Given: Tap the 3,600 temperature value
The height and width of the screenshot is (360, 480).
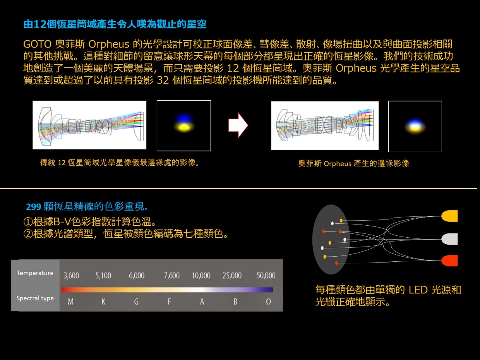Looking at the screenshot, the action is pyautogui.click(x=71, y=275).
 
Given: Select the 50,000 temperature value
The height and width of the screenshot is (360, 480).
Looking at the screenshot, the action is pyautogui.click(x=266, y=275).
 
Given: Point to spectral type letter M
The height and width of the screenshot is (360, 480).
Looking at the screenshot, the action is pyautogui.click(x=70, y=302).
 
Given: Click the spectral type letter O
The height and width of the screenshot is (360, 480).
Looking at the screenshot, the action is pyautogui.click(x=268, y=302).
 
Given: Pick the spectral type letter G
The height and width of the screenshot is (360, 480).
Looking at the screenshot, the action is pyautogui.click(x=136, y=302).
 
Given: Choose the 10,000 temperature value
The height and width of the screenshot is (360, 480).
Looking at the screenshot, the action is pyautogui.click(x=201, y=275).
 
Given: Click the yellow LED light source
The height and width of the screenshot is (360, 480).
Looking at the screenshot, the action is pyautogui.click(x=449, y=216).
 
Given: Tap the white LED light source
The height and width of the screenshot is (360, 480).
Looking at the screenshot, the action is pyautogui.click(x=449, y=239).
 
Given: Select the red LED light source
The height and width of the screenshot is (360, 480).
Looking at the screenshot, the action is pyautogui.click(x=449, y=261).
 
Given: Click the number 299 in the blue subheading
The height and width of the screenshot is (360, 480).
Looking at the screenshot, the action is pyautogui.click(x=33, y=207).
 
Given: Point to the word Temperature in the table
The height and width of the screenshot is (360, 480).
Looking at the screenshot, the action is pyautogui.click(x=35, y=273).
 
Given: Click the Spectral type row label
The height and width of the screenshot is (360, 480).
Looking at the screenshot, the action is pyautogui.click(x=35, y=298).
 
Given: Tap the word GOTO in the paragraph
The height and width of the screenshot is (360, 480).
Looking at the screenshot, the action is pyautogui.click(x=37, y=44).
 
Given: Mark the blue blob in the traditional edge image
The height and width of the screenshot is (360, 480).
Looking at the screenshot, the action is pyautogui.click(x=184, y=118).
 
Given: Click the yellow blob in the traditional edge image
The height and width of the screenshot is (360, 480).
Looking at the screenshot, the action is pyautogui.click(x=184, y=127).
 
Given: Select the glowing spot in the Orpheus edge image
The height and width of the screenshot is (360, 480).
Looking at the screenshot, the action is pyautogui.click(x=415, y=127).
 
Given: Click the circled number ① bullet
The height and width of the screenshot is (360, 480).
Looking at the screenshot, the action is pyautogui.click(x=28, y=222).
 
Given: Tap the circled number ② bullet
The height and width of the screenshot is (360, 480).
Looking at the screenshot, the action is pyautogui.click(x=28, y=234).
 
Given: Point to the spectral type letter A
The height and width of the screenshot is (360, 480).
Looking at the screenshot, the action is pyautogui.click(x=202, y=302).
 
